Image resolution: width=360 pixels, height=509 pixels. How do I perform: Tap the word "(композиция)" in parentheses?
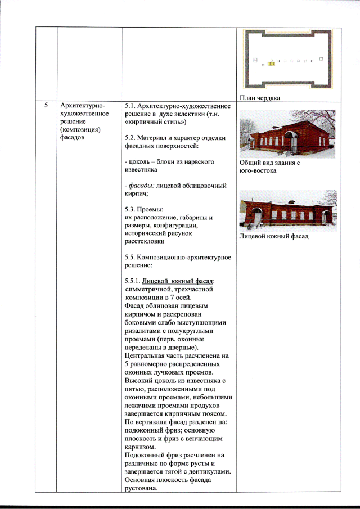tap(78, 129)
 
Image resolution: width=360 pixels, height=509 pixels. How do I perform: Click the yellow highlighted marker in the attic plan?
tap(270, 64)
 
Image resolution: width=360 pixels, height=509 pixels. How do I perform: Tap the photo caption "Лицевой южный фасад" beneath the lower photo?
tap(274, 236)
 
